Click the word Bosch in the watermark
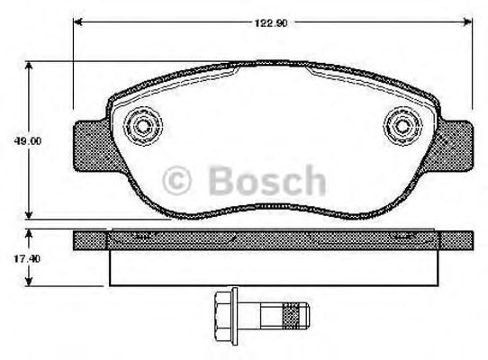click(267, 181)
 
